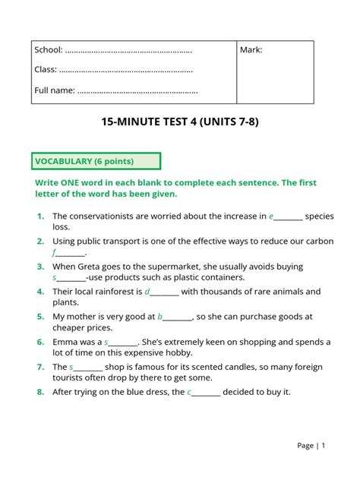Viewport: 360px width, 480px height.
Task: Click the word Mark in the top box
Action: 251,50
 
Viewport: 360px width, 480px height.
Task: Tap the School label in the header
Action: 49,50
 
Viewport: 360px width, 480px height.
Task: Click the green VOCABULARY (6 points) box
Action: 96,161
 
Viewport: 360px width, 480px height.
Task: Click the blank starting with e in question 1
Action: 286,217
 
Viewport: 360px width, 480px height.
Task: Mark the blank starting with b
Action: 175,317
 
